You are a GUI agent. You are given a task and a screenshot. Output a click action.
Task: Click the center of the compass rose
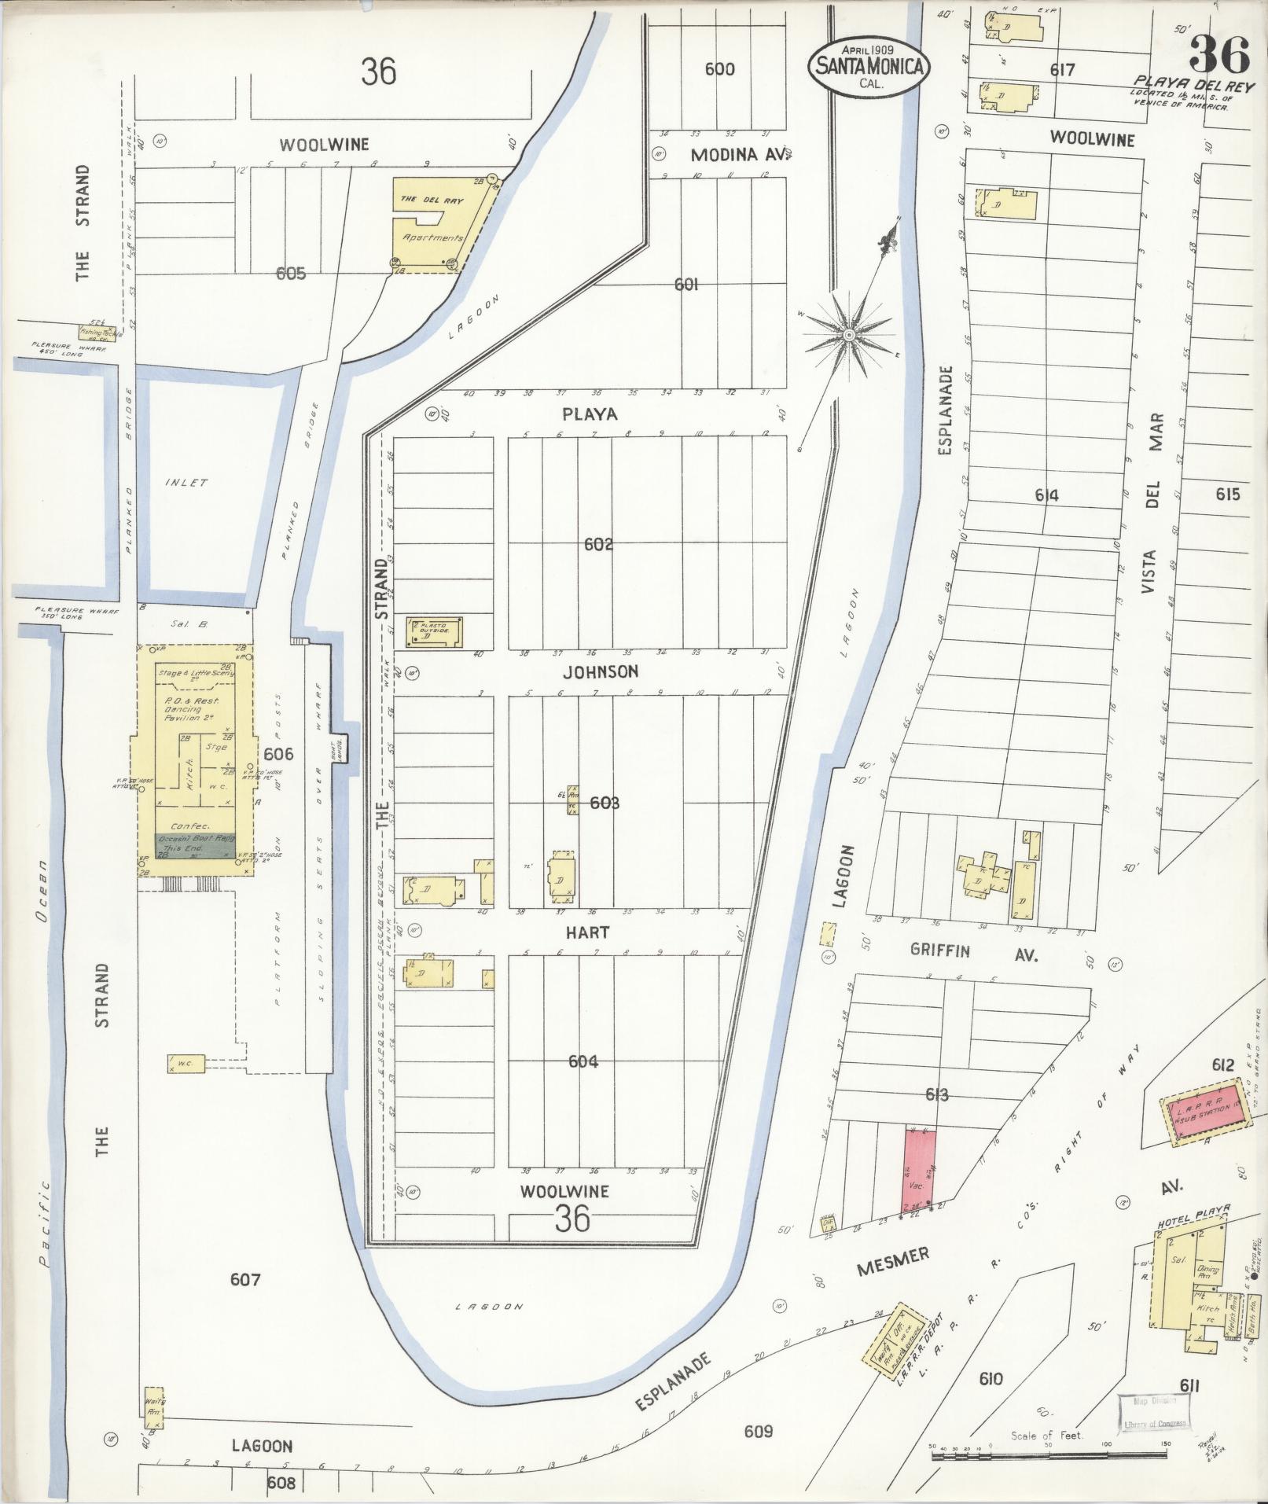pyautogui.click(x=848, y=336)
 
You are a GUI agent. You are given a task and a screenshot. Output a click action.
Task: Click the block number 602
pyautogui.click(x=598, y=544)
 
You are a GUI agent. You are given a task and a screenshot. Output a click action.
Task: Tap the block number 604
pyautogui.click(x=583, y=1061)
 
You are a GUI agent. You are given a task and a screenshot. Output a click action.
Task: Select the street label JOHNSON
pyautogui.click(x=600, y=672)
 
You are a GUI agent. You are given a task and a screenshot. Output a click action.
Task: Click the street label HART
pyautogui.click(x=588, y=932)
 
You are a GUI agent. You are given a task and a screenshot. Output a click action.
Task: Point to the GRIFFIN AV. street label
pyautogui.click(x=974, y=952)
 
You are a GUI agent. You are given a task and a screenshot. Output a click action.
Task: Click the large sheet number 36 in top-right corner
pyautogui.click(x=1218, y=55)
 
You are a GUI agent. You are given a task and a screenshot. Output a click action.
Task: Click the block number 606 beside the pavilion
pyautogui.click(x=278, y=754)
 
